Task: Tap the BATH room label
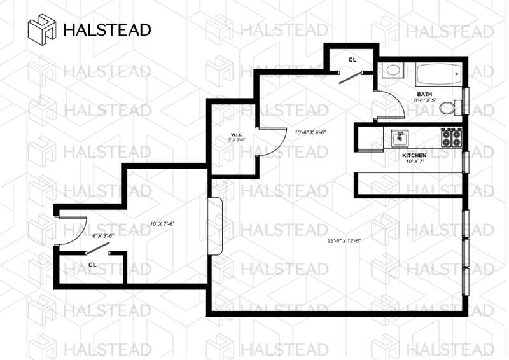click(424, 93)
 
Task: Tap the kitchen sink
click(400, 136)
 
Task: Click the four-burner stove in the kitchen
click(452, 136)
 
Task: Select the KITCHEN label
click(414, 155)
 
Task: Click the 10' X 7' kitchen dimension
click(414, 162)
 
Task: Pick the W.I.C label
click(237, 134)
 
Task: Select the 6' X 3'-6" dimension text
click(103, 235)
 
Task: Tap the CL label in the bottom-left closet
click(92, 264)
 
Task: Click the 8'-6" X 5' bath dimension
click(426, 100)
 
